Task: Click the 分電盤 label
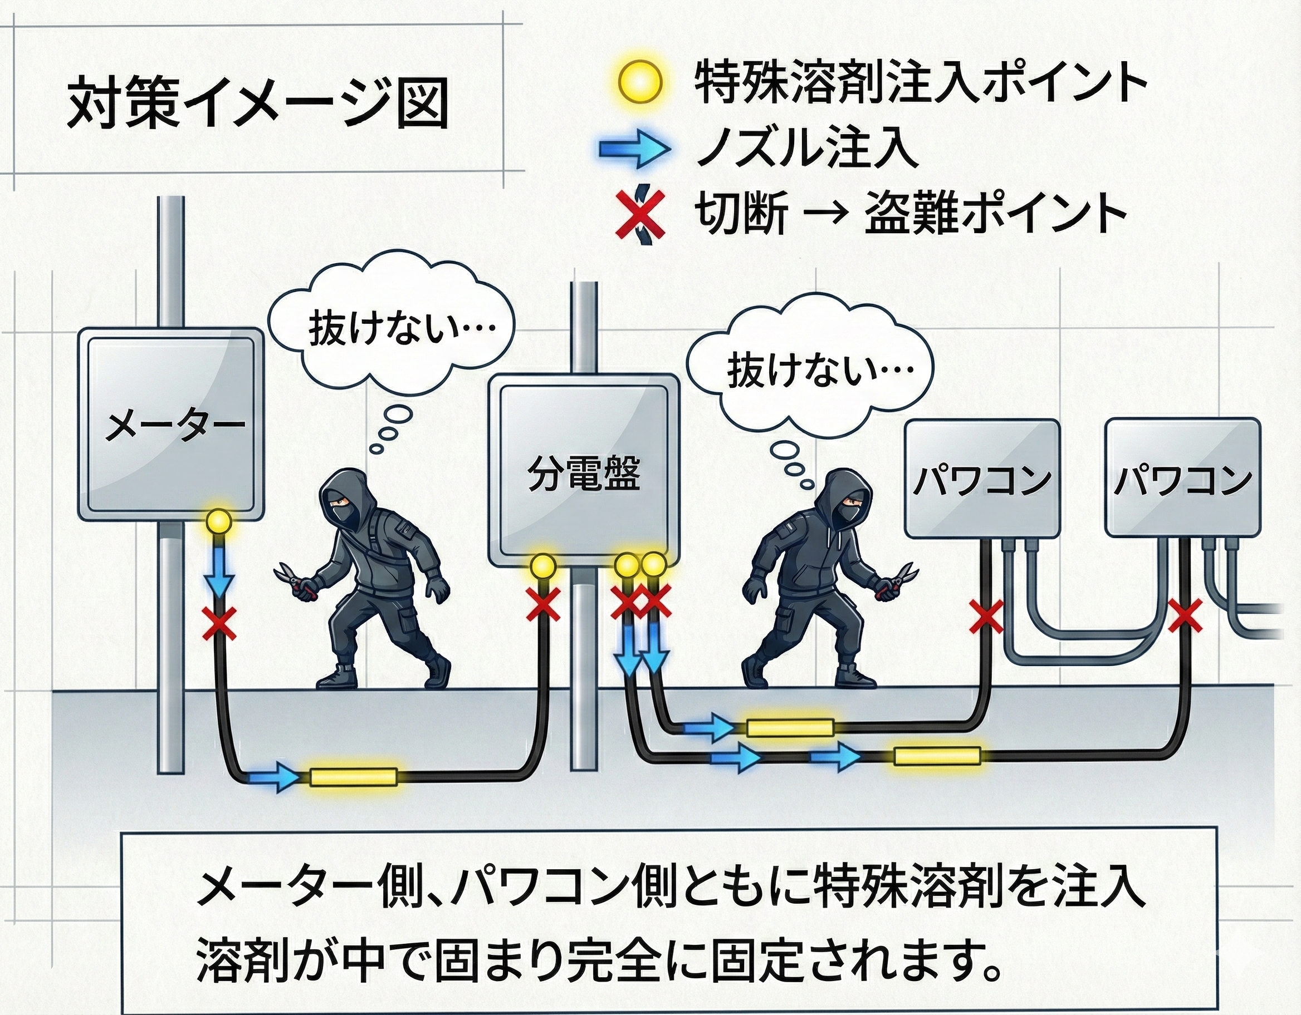[583, 475]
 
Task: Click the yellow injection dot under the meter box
[219, 523]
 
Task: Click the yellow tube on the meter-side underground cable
[353, 777]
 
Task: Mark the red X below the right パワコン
[1185, 616]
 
